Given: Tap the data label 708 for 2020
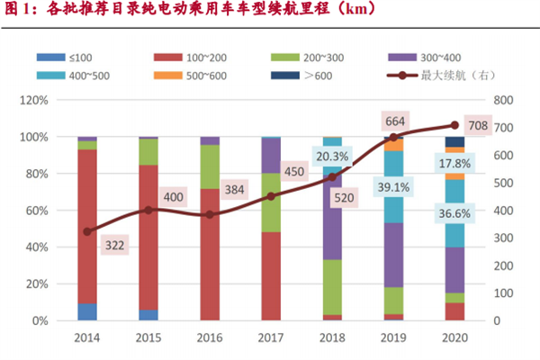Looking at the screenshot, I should (x=479, y=126).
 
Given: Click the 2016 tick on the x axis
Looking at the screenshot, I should (x=210, y=338).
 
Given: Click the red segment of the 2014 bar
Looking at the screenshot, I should (x=87, y=225).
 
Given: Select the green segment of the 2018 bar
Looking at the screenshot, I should (x=332, y=286).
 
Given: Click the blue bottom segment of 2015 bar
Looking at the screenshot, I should (x=148, y=315).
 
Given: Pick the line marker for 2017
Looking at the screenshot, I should (x=271, y=196).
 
